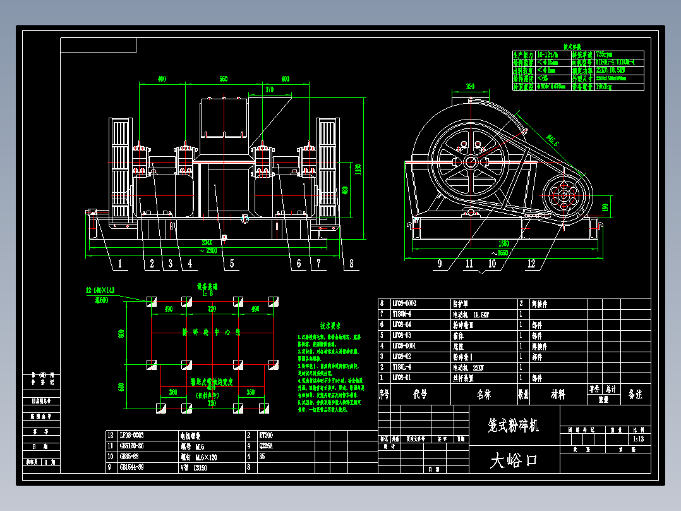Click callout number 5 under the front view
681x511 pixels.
tap(231, 264)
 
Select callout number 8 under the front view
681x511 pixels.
tap(351, 264)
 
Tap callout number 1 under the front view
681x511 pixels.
tap(119, 264)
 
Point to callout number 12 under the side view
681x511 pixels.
tap(531, 264)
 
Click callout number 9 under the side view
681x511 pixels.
tap(440, 264)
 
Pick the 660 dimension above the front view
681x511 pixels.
tap(223, 79)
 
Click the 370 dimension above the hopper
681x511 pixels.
tap(270, 90)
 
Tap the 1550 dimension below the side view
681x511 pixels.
tap(503, 243)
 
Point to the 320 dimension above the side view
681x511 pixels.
tap(470, 86)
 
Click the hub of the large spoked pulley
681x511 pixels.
tap(471, 162)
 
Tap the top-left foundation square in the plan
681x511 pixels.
tap(152, 301)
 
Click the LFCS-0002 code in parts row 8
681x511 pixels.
tap(404, 304)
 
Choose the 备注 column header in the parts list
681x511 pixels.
tap(635, 395)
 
